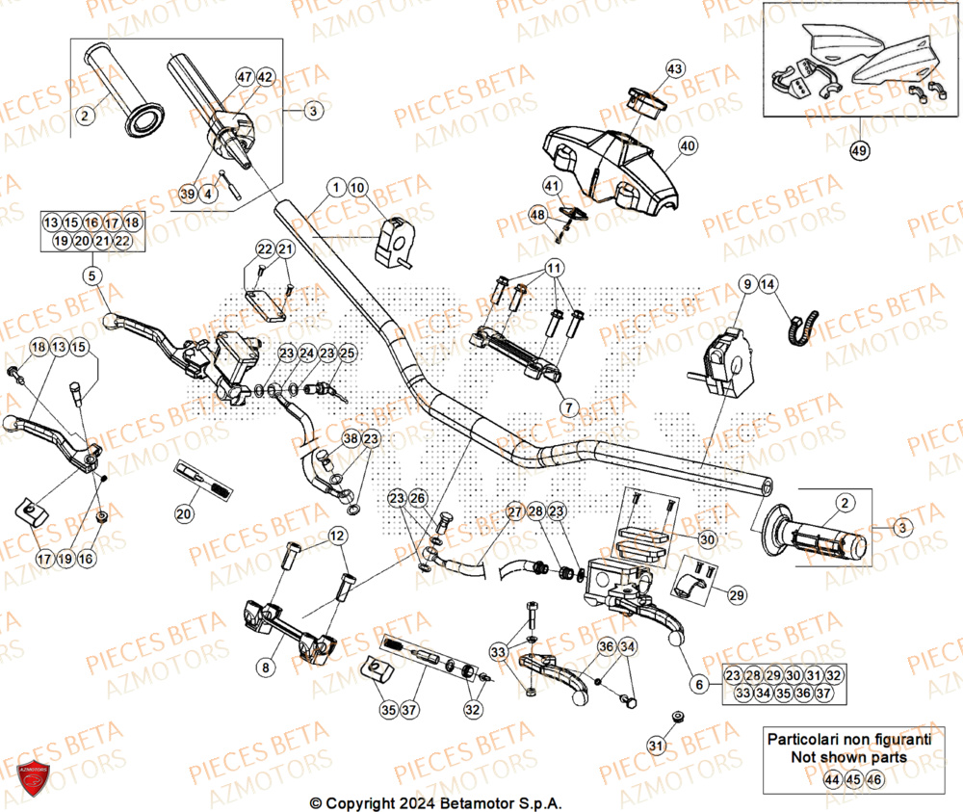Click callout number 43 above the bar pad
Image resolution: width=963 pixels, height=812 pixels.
pos(674,68)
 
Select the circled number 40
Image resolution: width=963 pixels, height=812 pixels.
pos(687,146)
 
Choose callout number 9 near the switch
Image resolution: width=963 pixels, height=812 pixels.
pos(746,284)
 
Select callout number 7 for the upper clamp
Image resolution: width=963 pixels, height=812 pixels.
pos(568,407)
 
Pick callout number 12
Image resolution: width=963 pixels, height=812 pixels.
pos(336,536)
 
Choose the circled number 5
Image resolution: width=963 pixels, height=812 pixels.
pos(91,276)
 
